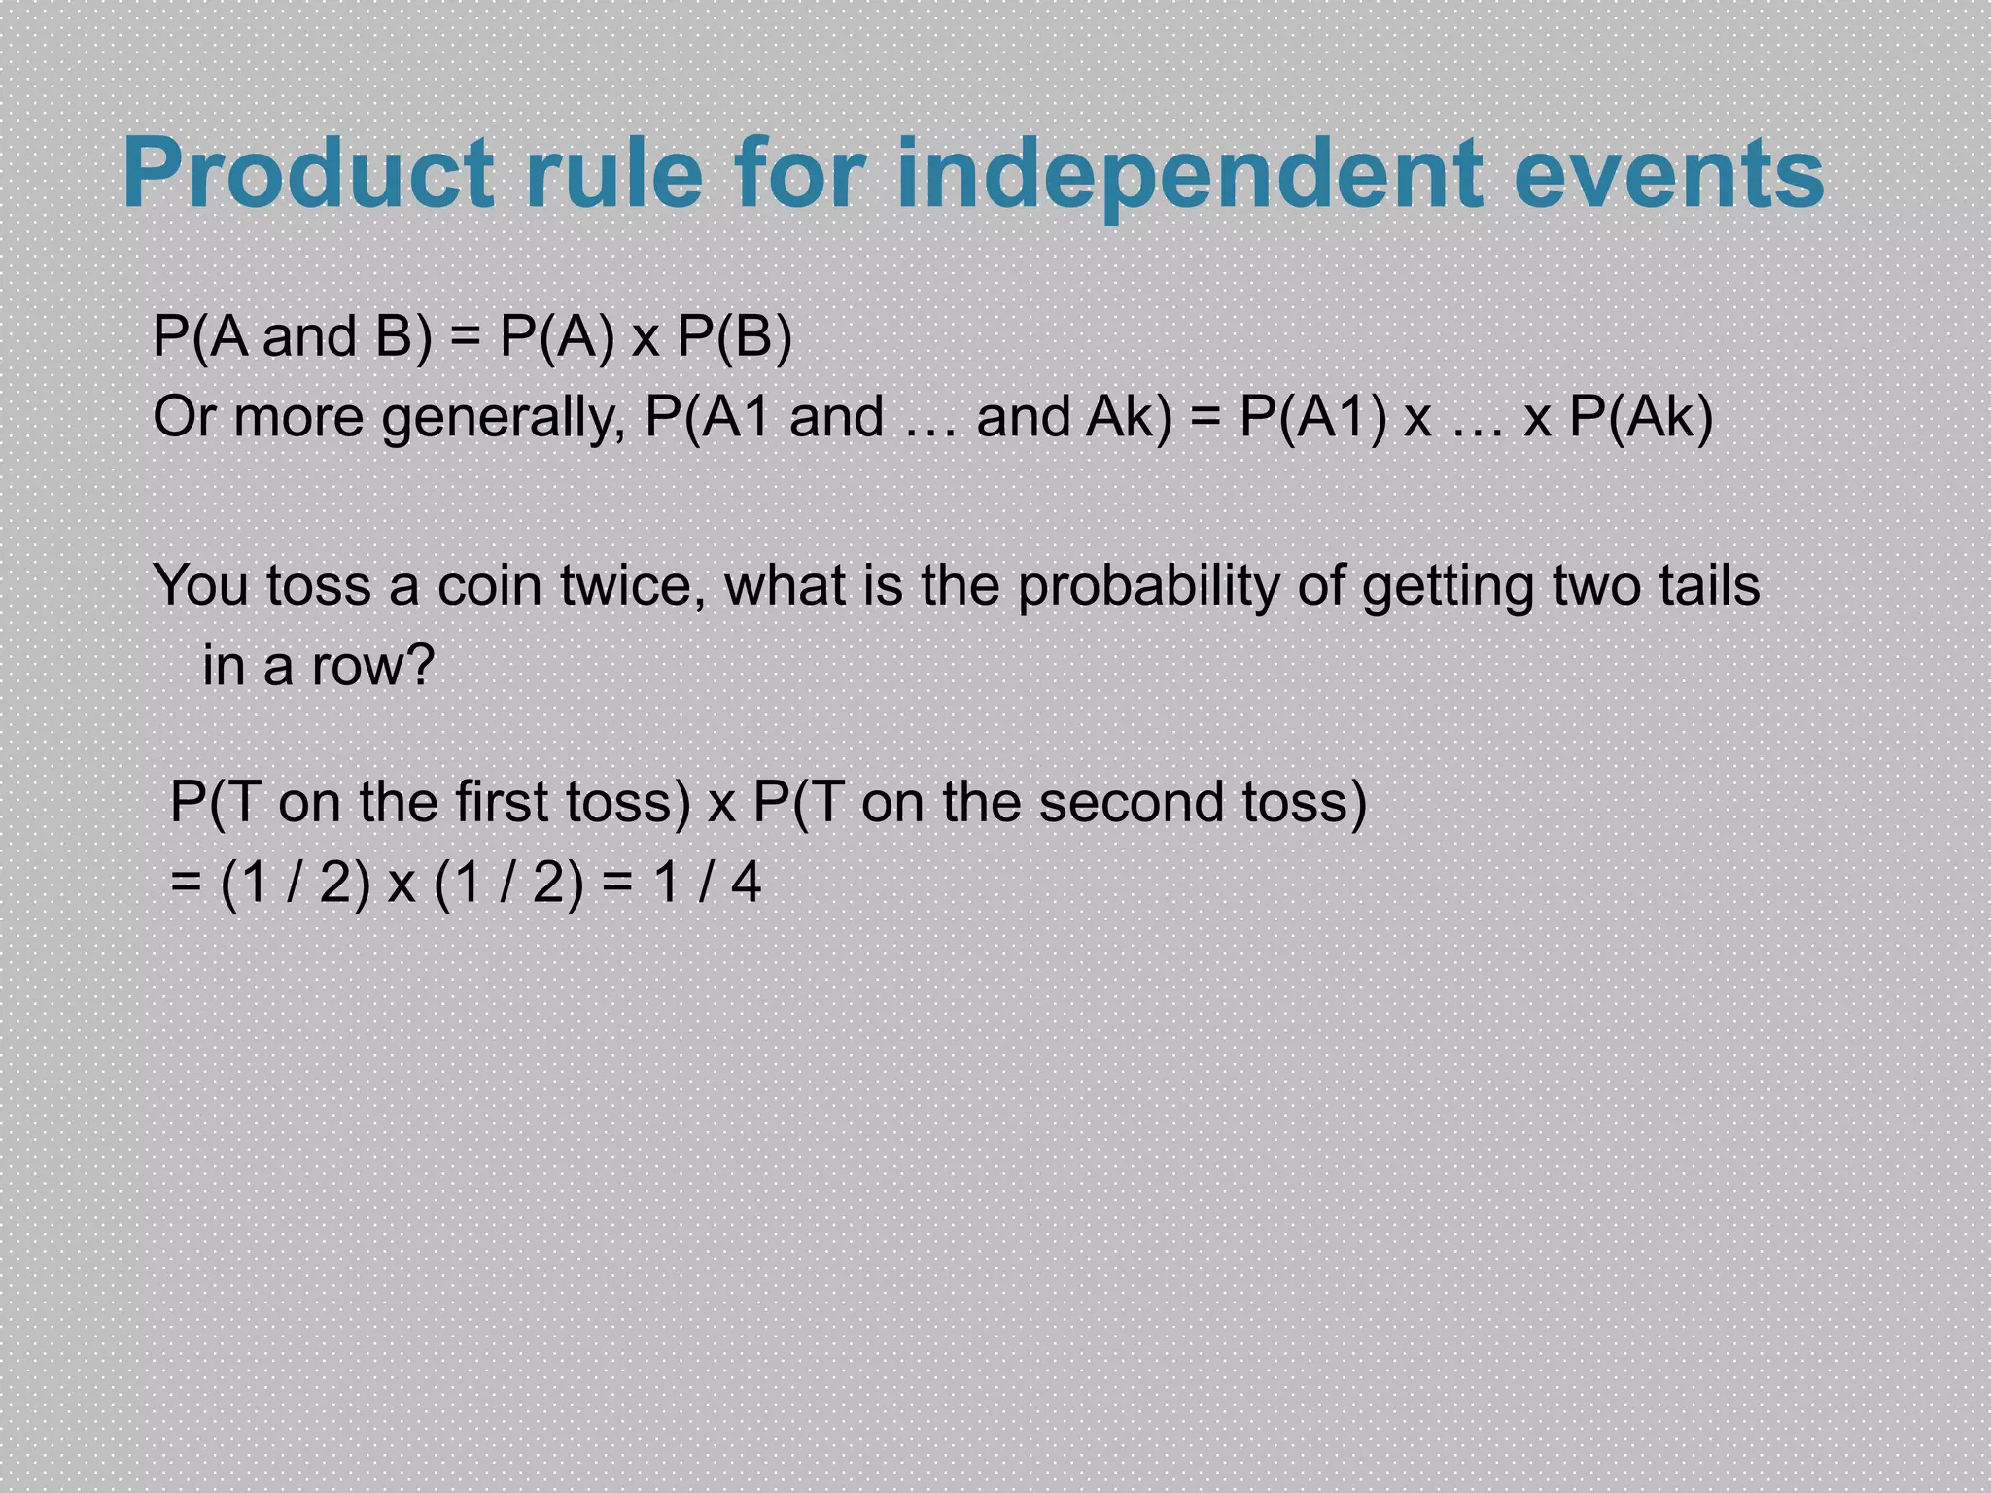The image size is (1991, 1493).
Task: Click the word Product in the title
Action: (x=308, y=175)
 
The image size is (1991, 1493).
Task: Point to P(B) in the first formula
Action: (x=734, y=338)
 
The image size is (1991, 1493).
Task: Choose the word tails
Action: (x=1709, y=587)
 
